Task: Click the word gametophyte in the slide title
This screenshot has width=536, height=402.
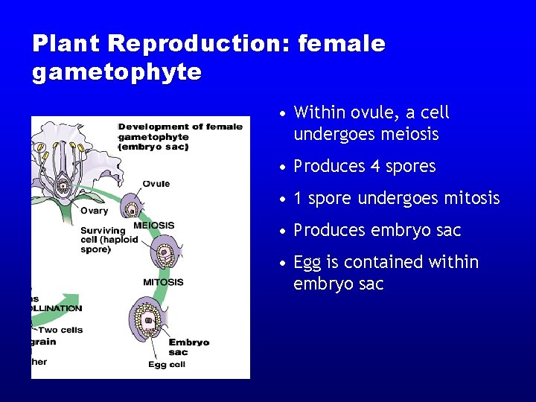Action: click(116, 72)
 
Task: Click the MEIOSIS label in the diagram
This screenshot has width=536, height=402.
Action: click(153, 225)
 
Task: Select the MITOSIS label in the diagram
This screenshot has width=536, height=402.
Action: click(163, 282)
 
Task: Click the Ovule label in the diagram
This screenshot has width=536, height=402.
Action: click(156, 183)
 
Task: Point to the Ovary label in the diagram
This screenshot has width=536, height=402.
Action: click(94, 211)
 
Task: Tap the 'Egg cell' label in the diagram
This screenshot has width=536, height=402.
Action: click(167, 364)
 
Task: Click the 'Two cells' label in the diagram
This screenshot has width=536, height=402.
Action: click(61, 330)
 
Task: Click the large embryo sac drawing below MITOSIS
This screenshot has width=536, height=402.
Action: click(148, 321)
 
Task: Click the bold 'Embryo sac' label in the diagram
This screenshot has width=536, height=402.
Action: click(188, 347)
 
